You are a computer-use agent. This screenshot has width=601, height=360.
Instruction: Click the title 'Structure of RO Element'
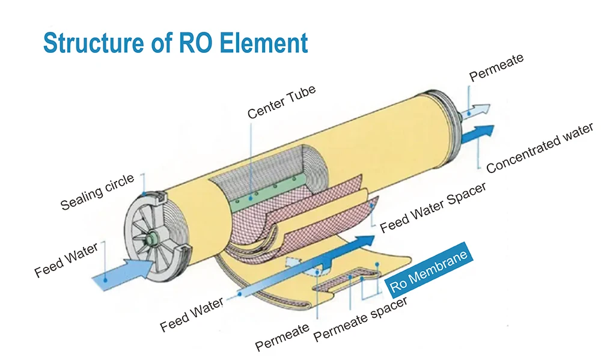point(175,42)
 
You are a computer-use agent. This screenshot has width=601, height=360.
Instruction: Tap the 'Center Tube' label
point(282,102)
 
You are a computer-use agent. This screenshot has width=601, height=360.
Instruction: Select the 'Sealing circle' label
point(97,191)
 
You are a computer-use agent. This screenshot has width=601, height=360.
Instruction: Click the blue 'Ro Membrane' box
point(429,270)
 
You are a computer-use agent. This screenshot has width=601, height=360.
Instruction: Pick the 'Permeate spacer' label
point(360,319)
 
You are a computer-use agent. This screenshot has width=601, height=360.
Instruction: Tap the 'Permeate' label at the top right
point(496,67)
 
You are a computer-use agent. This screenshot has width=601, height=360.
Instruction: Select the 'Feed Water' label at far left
point(66,260)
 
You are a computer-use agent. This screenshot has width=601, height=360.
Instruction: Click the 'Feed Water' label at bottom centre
point(192,315)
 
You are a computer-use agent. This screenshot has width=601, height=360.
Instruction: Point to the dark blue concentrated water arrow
point(477,134)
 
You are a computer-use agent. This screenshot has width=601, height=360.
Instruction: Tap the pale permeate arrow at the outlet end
point(475,111)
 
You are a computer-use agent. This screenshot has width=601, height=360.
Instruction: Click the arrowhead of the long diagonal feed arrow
point(364,240)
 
